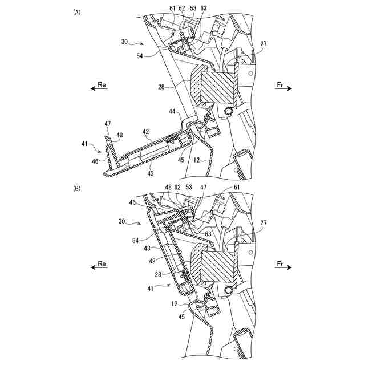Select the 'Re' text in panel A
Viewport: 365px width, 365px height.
[102, 84]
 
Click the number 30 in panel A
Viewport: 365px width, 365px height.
[125, 42]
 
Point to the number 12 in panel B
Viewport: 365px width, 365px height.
[173, 305]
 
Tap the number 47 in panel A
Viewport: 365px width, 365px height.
[107, 123]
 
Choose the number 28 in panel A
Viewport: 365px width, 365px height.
[162, 86]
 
